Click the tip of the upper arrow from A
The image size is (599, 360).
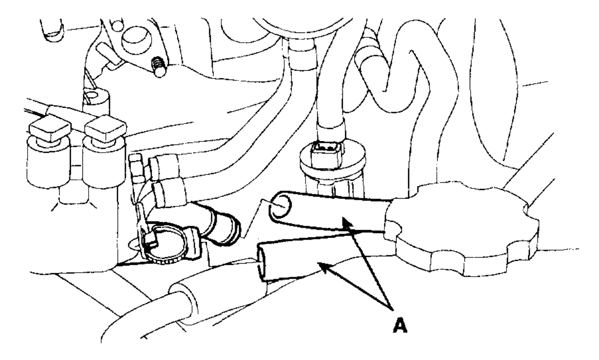pos(343,219)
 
